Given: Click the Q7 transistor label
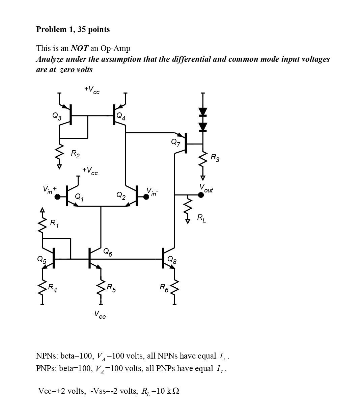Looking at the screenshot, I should coord(175,142).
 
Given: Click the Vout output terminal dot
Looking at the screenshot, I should coord(201,195).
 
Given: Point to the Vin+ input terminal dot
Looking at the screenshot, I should coord(57,197).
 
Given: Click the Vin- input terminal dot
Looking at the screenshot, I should coord(146,197).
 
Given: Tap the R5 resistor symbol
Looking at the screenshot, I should coord(101,287).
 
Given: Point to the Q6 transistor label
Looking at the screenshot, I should coord(108,252).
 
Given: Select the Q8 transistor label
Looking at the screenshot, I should coord(172,260).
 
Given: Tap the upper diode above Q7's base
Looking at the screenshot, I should coord(203,111).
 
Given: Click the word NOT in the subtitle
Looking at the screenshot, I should coord(80,48).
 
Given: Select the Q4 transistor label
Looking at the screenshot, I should coord(121,116).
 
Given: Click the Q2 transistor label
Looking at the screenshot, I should coord(121,195).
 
